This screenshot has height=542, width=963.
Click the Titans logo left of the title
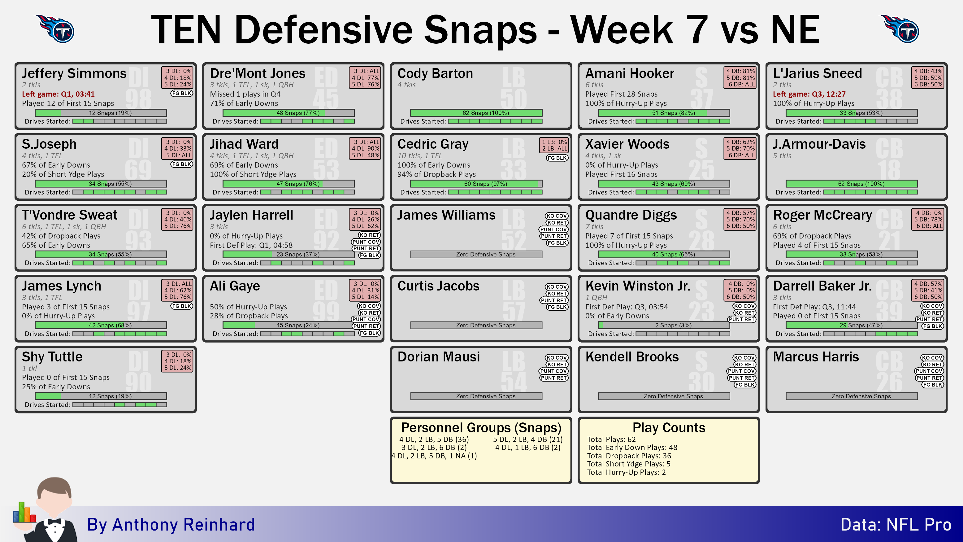56,29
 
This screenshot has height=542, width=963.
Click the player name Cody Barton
435,73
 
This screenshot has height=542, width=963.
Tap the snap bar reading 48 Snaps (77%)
288,113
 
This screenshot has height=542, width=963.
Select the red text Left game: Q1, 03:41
58,94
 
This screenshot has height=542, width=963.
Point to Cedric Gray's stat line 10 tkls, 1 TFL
419,155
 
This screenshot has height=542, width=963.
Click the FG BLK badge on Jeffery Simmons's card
182,93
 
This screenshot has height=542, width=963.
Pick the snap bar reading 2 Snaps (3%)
664,326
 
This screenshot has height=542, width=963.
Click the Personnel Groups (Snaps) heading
481,427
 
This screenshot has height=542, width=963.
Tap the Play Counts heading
669,427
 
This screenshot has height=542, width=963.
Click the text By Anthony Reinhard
171,525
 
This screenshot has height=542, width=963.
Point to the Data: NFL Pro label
896,525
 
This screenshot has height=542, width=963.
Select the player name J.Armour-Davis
819,144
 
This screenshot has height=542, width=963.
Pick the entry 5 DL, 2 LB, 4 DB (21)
527,439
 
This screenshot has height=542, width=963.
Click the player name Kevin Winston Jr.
638,286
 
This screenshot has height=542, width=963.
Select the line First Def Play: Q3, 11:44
814,307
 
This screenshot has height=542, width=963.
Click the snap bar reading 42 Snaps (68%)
101,326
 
